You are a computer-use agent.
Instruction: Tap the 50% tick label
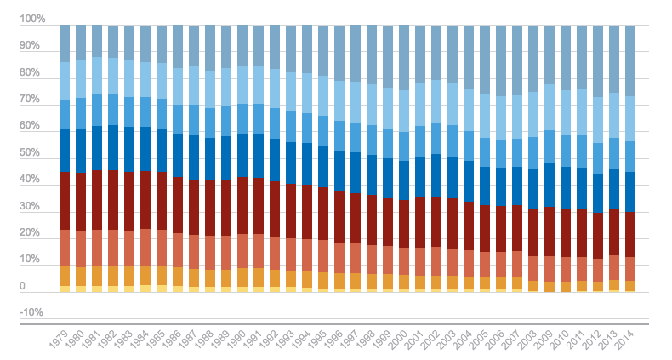(x=31, y=152)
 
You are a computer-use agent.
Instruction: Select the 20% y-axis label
(x=31, y=232)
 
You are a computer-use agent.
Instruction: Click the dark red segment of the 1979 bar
(x=65, y=200)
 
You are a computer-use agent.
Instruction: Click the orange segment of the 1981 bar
(x=97, y=276)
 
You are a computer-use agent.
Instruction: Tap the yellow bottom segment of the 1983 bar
(x=129, y=289)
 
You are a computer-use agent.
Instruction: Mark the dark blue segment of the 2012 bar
(x=598, y=192)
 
